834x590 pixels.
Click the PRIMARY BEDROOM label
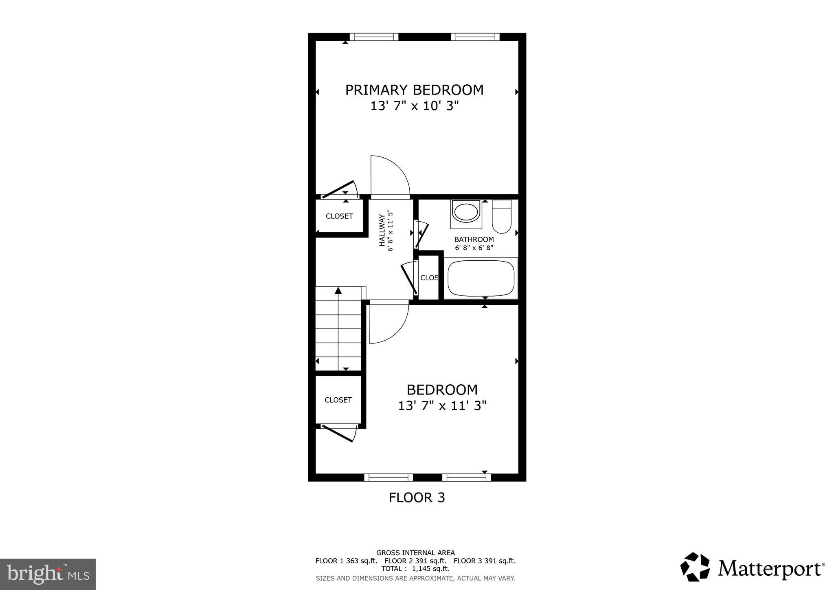[x=414, y=90]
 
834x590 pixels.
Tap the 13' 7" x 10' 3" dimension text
[x=414, y=106]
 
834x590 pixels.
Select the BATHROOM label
[x=474, y=240]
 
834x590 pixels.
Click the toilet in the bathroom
[x=501, y=216]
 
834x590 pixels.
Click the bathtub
[x=481, y=278]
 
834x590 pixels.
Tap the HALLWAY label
[x=382, y=230]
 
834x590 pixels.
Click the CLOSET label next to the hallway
[x=339, y=216]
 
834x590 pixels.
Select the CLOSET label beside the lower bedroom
[x=338, y=400]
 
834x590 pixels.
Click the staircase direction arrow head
[x=338, y=291]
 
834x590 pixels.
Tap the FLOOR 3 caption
[x=417, y=498]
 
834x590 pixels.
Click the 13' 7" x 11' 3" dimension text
[x=442, y=406]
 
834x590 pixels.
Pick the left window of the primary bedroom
[x=374, y=37]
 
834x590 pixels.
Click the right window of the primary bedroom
[x=475, y=37]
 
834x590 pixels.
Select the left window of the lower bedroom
[x=388, y=478]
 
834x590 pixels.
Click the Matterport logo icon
[x=695, y=567]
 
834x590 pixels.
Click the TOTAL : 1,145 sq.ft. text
[x=415, y=569]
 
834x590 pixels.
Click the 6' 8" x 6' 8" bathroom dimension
[x=474, y=248]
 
